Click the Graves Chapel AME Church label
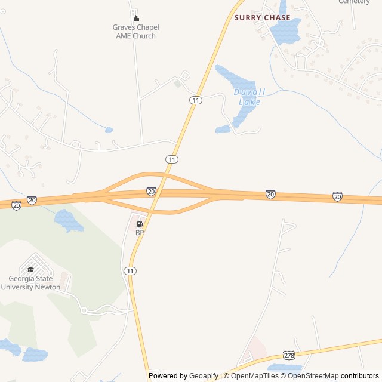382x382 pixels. click(x=135, y=32)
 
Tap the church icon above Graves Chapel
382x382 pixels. click(x=135, y=18)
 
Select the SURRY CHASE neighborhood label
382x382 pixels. click(x=262, y=18)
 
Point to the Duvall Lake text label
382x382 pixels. click(x=249, y=97)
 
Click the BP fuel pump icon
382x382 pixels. click(x=140, y=224)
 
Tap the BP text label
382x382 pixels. click(x=140, y=233)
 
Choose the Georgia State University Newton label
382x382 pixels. click(x=30, y=283)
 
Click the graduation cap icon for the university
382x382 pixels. click(x=30, y=269)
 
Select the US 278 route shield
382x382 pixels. click(x=290, y=355)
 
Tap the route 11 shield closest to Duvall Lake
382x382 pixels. click(x=195, y=100)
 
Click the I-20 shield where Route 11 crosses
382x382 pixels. click(x=151, y=191)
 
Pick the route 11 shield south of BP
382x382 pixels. click(x=130, y=271)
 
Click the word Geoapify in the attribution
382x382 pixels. click(x=204, y=376)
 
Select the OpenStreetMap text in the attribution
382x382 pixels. click(x=313, y=376)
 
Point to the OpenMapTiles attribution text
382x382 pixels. click(x=255, y=376)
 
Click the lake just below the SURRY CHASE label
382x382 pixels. click(x=285, y=33)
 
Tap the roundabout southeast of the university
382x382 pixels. click(x=84, y=310)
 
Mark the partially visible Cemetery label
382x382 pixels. click(x=354, y=2)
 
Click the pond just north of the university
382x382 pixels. click(x=69, y=221)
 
